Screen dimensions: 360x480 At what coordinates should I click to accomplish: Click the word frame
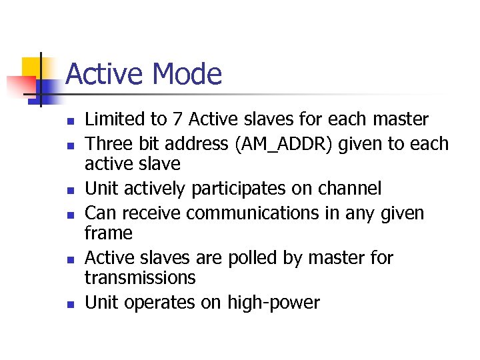[x=109, y=233]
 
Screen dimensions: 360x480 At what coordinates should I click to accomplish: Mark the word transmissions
[x=140, y=277]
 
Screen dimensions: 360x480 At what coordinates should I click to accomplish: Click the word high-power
[x=273, y=303]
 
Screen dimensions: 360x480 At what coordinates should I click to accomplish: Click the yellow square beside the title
[x=31, y=67]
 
